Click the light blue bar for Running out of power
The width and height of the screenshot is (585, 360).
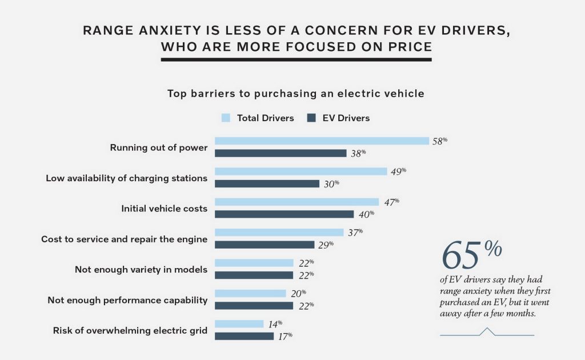[x=322, y=141]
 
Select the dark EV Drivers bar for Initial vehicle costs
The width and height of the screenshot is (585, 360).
[x=284, y=214]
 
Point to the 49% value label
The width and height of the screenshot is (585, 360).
[x=398, y=171]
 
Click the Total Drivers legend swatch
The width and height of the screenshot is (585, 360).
[x=225, y=118]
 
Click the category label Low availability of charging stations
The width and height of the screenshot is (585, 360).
[x=126, y=178]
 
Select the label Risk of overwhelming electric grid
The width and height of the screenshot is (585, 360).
[x=130, y=330]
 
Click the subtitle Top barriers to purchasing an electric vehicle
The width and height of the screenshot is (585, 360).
[x=295, y=93]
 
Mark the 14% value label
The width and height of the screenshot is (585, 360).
[x=275, y=323]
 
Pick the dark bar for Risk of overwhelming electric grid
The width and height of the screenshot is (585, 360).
[x=244, y=336]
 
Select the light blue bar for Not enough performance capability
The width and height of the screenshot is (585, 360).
[x=250, y=293]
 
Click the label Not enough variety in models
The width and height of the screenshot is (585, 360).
[x=141, y=269]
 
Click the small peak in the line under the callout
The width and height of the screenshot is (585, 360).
[x=487, y=330]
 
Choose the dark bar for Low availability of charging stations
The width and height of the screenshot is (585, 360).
[x=267, y=183]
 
